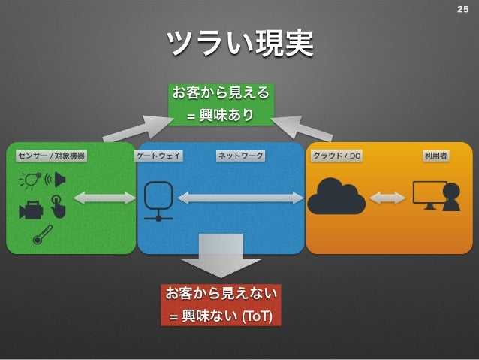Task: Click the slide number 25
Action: [x=462, y=10]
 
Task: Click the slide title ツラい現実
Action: [x=239, y=44]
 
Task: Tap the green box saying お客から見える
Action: [x=220, y=104]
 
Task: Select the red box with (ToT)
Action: [x=221, y=304]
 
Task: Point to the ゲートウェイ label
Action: [x=159, y=156]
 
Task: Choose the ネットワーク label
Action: [x=240, y=156]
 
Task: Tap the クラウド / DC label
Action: [x=337, y=156]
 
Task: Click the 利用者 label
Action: [x=435, y=156]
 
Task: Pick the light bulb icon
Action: [x=31, y=180]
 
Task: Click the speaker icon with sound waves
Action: [x=57, y=180]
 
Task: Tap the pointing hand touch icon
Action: [x=58, y=206]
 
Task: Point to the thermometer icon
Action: [x=42, y=234]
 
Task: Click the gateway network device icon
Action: [x=158, y=201]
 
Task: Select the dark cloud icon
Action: [x=336, y=197]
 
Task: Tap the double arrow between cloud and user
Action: [x=387, y=198]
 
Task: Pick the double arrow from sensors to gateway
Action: [x=104, y=198]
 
